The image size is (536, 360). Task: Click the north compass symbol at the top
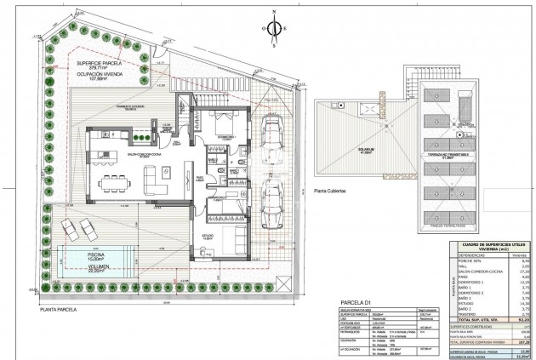pyautogui.click(x=273, y=27)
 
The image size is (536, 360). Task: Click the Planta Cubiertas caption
pyautogui.click(x=329, y=191)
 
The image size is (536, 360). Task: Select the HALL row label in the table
pyautogui.click(x=465, y=266)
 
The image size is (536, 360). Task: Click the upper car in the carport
pyautogui.click(x=274, y=134)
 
